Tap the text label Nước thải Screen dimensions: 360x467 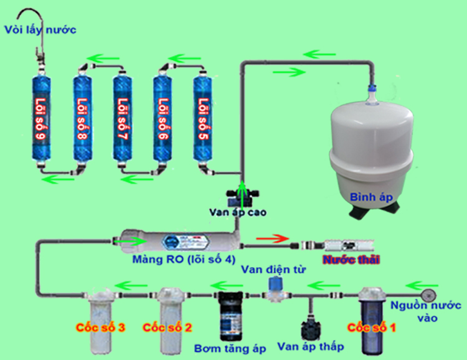point(351,258)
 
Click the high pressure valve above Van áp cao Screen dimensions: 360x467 point(242,194)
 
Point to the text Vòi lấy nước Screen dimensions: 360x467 point(39,29)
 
